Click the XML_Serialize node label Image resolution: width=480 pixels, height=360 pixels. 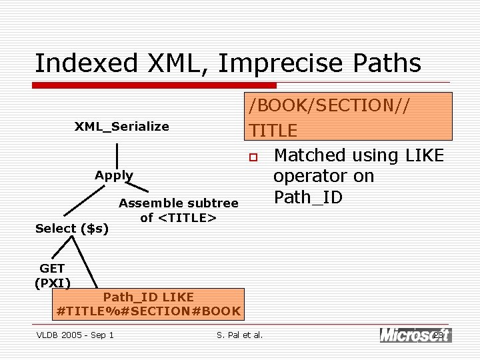(x=121, y=127)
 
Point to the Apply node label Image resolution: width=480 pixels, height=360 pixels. (x=113, y=175)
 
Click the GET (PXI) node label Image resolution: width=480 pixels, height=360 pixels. (x=52, y=275)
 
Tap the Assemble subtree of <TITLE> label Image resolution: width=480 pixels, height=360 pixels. (x=178, y=210)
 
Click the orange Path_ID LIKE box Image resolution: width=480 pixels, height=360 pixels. (x=149, y=304)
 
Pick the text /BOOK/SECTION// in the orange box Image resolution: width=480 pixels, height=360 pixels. (x=329, y=105)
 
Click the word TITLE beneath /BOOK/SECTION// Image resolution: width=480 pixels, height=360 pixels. (x=273, y=131)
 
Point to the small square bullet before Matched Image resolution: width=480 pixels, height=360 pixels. (x=253, y=158)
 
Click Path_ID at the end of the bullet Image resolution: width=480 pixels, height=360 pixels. (x=308, y=197)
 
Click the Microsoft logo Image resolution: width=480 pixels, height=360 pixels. (x=415, y=335)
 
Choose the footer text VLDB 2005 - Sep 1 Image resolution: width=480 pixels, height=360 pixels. (x=75, y=335)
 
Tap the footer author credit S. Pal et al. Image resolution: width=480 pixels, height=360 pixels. (x=240, y=335)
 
